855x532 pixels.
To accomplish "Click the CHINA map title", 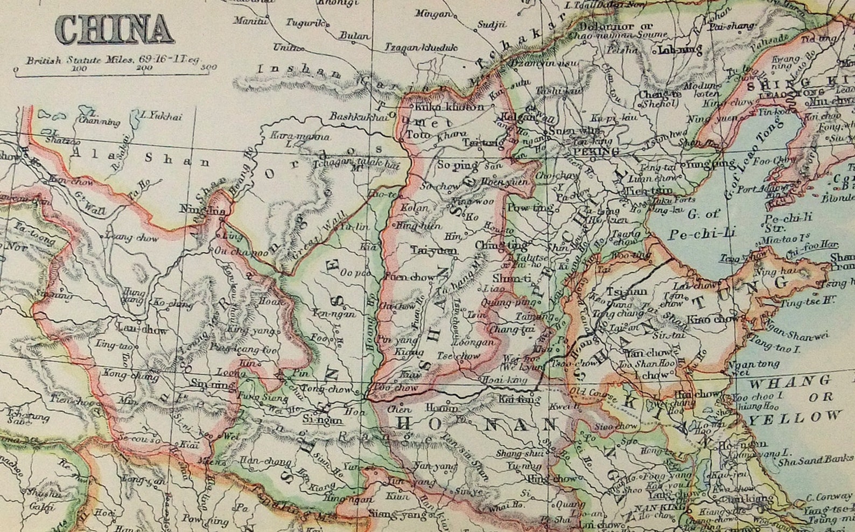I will pyautogui.click(x=115, y=30).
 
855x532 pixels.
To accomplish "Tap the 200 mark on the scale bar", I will pyautogui.click(x=144, y=68).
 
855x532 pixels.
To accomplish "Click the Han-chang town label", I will pyautogui.click(x=259, y=461).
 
